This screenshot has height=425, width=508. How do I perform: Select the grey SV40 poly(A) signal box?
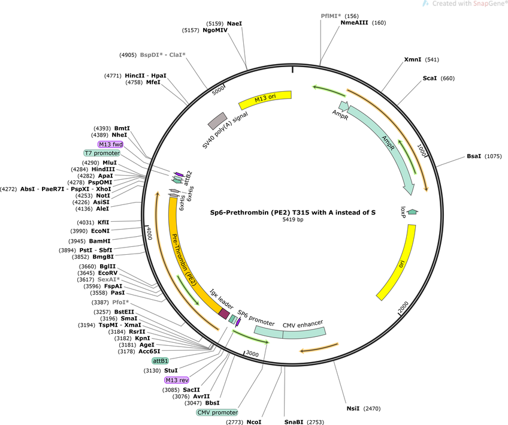click(x=217, y=121)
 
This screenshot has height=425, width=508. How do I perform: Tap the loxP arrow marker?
click(x=412, y=212)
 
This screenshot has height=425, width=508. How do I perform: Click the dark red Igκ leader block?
click(x=224, y=314)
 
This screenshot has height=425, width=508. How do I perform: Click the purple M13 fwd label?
click(x=110, y=144)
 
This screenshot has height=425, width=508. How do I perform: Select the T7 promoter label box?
click(x=102, y=153)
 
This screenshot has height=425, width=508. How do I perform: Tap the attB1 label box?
click(x=160, y=360)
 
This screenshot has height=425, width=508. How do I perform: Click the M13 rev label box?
click(x=177, y=380)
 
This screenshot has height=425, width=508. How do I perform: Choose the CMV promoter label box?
click(x=217, y=412)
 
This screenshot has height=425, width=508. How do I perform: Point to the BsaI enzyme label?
click(x=474, y=156)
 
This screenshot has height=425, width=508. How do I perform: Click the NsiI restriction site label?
click(x=353, y=408)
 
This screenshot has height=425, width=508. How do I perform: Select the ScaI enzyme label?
click(x=430, y=78)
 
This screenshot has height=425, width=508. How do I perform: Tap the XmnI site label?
click(x=413, y=59)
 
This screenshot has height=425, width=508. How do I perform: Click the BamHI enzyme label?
click(x=99, y=241)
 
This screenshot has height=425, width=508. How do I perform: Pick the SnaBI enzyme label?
click(x=294, y=422)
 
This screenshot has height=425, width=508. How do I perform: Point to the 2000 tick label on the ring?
click(x=403, y=307)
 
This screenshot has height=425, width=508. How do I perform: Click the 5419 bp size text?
click(x=293, y=219)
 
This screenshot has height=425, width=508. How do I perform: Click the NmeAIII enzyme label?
click(x=354, y=23)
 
